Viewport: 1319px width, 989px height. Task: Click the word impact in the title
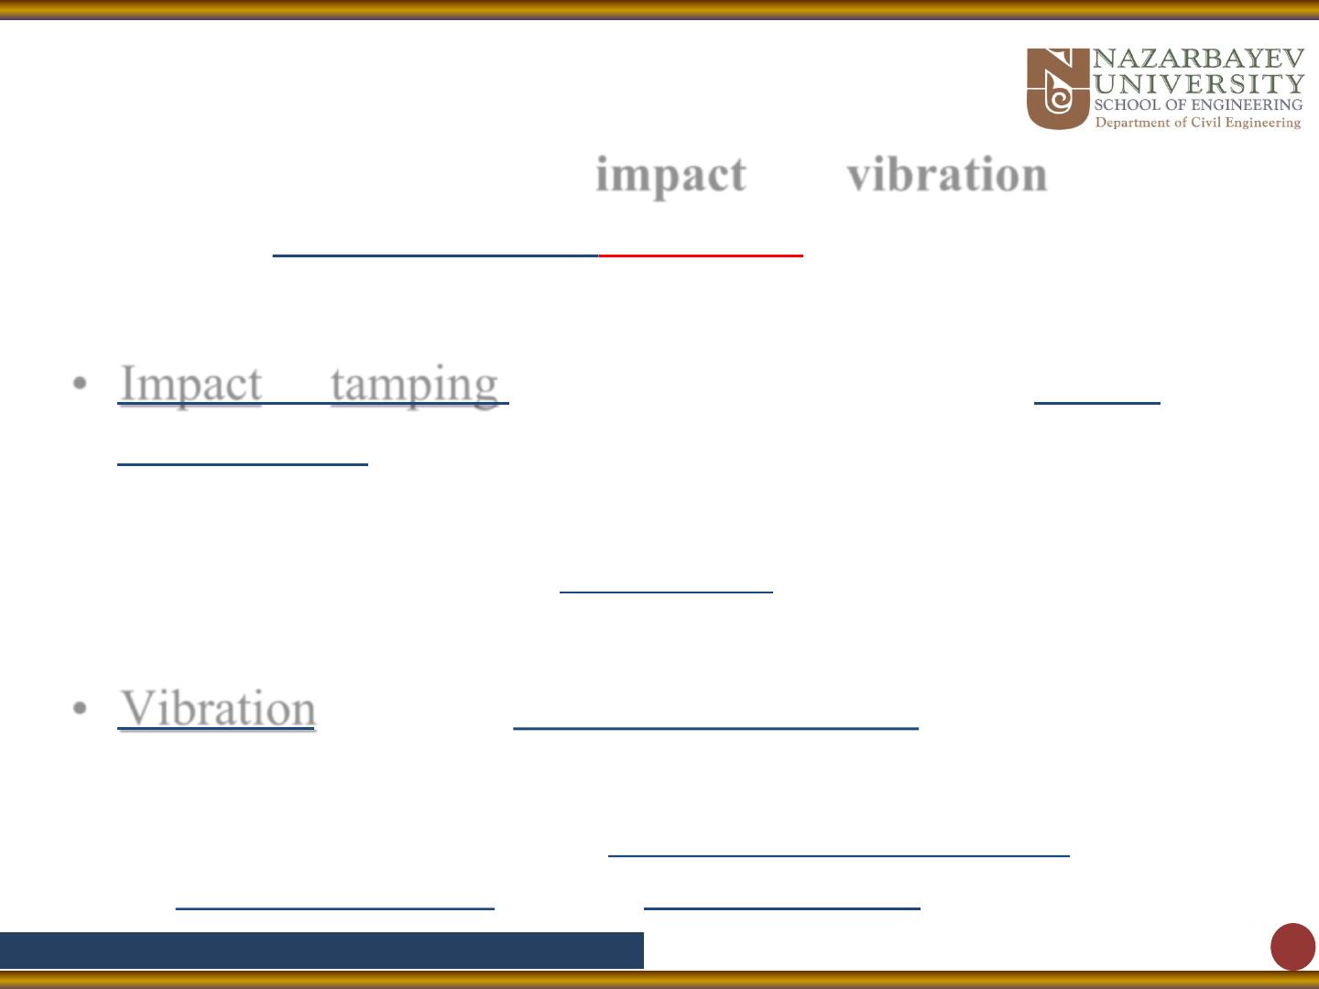point(670,175)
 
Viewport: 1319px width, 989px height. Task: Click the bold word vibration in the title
point(947,174)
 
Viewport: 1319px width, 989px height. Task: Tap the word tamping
point(415,386)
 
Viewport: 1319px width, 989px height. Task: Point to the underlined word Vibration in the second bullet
point(217,709)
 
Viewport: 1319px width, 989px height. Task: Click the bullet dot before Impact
point(80,383)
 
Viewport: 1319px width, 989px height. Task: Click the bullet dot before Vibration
point(80,708)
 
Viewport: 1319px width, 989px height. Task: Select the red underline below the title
point(701,255)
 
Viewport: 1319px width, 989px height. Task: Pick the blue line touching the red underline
point(436,255)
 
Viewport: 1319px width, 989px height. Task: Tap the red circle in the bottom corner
point(1292,947)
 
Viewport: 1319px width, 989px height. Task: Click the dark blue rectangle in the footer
point(322,951)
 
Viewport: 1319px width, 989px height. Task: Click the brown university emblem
point(1058,89)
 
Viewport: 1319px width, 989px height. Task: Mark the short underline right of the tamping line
point(1097,403)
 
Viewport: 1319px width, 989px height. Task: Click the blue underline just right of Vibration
point(715,728)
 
